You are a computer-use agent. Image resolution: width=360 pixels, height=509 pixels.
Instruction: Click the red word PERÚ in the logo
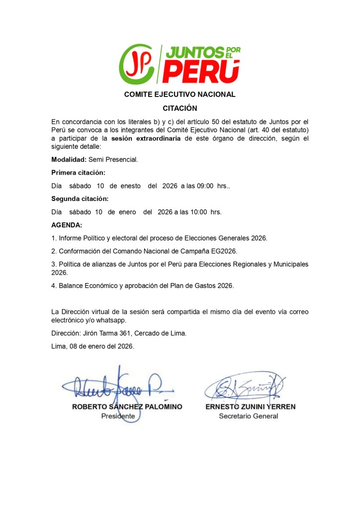coord(201,72)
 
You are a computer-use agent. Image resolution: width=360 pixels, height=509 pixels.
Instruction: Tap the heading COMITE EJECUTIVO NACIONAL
coord(180,95)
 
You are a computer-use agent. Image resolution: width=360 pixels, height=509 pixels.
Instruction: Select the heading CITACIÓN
coord(180,108)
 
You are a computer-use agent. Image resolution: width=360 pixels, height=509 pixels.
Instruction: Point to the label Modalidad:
coord(69,160)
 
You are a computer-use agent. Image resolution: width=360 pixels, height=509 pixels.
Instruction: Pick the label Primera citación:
coord(78,173)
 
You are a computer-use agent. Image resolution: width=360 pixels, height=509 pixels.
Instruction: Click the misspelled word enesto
coord(132,186)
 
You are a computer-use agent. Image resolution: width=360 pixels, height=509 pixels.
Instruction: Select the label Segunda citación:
coord(80,199)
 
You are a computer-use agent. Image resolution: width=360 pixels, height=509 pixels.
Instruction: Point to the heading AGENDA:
coord(67,225)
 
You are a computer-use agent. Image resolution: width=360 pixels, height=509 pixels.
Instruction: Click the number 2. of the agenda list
coord(54,251)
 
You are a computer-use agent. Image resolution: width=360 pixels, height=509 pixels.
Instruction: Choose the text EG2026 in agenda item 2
coord(226,251)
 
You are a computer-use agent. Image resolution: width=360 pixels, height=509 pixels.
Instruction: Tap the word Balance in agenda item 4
coord(72,286)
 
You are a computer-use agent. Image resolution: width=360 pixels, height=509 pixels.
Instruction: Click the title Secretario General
coord(249,416)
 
